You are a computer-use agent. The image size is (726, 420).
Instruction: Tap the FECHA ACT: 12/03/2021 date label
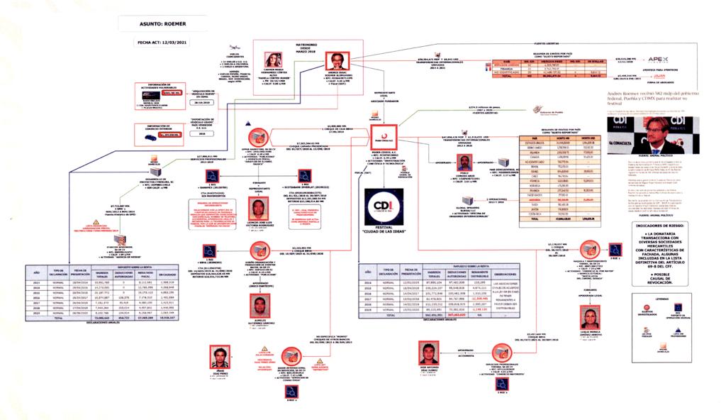pos(164,42)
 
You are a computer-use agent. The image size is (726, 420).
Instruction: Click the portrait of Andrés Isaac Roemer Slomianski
pos(336,62)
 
